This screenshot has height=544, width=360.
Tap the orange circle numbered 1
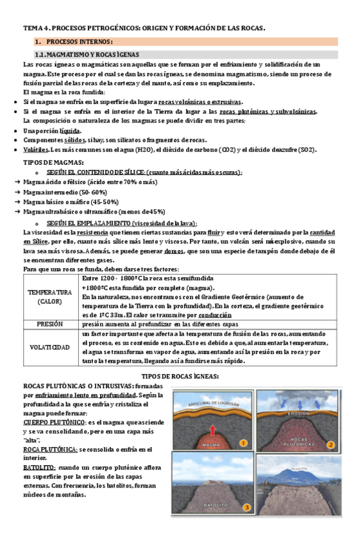pyautogui.click(x=243, y=443)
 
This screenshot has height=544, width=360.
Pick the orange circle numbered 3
pyautogui.click(x=245, y=507)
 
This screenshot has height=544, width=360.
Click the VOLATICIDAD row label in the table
pyautogui.click(x=49, y=347)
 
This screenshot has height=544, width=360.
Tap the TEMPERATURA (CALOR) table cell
pyautogui.click(x=49, y=296)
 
